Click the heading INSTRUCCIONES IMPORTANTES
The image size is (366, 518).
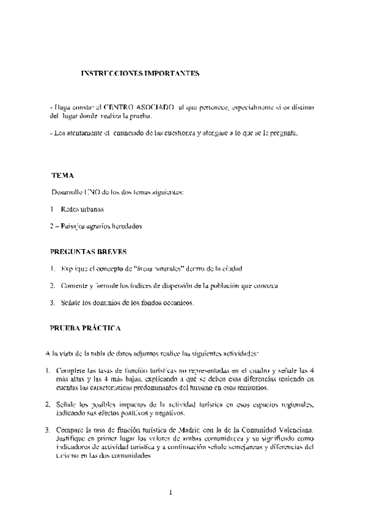[x=141, y=73]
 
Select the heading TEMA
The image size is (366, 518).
[x=63, y=175]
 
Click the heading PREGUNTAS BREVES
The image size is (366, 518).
[x=89, y=251]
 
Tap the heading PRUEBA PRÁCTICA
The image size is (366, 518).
[x=84, y=328]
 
